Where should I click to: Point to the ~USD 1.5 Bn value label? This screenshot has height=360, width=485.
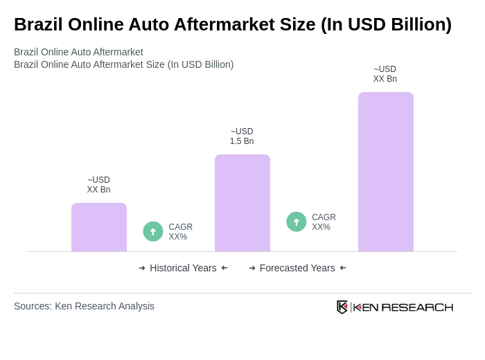(x=242, y=136)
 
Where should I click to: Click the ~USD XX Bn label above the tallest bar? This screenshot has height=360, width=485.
(x=385, y=74)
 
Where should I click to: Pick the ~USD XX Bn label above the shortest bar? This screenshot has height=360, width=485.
(x=98, y=185)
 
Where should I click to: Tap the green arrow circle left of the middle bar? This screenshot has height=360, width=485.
(x=153, y=231)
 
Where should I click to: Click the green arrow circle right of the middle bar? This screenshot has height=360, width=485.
(x=297, y=222)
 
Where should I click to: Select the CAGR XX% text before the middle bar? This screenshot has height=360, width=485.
(x=180, y=232)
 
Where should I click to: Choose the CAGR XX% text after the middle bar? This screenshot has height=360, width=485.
(x=324, y=222)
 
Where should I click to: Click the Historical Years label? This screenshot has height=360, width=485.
(x=183, y=268)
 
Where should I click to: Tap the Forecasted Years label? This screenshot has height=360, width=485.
(x=297, y=268)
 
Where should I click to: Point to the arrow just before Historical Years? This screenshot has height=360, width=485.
(x=142, y=268)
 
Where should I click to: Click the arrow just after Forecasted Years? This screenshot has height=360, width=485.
(x=343, y=268)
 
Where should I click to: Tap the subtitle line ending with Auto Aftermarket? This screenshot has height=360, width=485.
(x=78, y=52)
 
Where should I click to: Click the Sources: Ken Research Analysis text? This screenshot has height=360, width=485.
(x=84, y=306)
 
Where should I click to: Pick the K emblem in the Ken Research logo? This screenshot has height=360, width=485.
(x=342, y=307)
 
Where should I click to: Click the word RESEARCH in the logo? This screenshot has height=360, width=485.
(x=417, y=307)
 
